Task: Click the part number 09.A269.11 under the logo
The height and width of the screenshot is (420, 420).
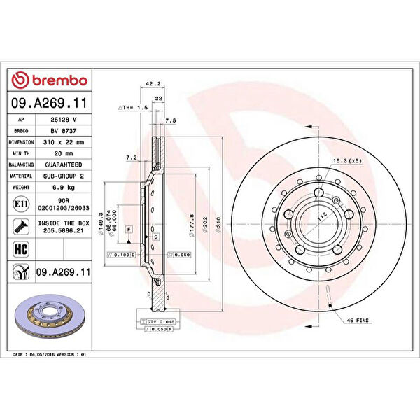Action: coord(50,103)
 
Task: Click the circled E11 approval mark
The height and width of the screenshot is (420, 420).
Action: coord(21,204)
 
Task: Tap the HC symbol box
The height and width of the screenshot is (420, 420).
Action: coord(21,248)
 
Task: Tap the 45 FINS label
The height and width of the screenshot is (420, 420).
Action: coord(358,320)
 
